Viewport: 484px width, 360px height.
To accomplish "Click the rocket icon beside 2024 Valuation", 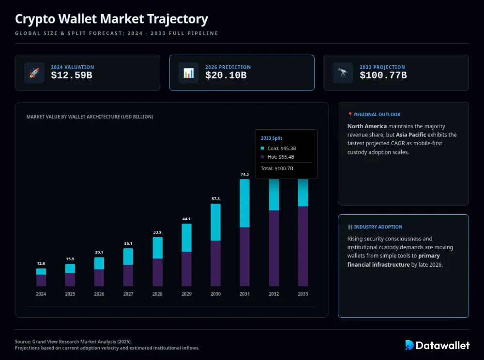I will tap(34, 73).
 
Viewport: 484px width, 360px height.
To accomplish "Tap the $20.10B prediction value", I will tap(226, 75).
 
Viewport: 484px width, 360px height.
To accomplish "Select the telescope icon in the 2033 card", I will tap(343, 73).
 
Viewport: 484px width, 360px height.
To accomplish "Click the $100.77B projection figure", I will tap(383, 75).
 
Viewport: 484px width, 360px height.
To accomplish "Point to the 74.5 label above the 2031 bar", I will tap(244, 174).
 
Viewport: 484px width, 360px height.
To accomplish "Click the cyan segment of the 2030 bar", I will tap(215, 222).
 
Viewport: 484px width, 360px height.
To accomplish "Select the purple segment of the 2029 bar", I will tap(186, 269).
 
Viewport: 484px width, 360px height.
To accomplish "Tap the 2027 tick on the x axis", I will tap(128, 294).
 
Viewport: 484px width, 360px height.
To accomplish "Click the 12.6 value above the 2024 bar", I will tap(41, 263).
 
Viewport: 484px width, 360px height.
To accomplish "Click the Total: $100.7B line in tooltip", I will tap(277, 168).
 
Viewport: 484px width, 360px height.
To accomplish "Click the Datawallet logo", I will tap(437, 345).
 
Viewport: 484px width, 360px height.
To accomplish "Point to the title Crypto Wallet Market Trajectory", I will tap(111, 19).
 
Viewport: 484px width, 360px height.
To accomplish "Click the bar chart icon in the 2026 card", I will tap(189, 73).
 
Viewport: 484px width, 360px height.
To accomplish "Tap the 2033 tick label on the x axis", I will tap(302, 294).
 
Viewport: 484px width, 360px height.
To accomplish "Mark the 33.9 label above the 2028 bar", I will tap(157, 232).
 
